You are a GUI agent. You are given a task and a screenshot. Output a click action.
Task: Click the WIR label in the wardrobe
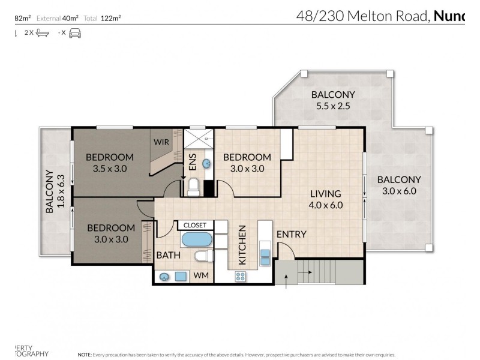[161, 142]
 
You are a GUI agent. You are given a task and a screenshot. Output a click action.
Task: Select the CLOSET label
[194, 225]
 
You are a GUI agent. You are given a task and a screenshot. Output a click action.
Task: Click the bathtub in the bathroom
[196, 239]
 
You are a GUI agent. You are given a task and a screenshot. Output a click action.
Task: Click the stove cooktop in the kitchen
[241, 276]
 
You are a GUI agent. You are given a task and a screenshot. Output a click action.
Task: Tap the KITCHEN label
[242, 245]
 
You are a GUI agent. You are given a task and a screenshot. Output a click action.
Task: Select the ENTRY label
[292, 234]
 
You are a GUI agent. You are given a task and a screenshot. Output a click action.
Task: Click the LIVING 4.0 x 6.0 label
[325, 199]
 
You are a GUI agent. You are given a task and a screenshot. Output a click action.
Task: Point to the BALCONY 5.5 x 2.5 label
[332, 100]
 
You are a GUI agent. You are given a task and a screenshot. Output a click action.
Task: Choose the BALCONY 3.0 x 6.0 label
[399, 185]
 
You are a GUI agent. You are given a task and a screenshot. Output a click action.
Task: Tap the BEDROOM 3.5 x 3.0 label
[109, 163]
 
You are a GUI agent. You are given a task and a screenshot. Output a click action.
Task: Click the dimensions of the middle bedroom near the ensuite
[247, 169]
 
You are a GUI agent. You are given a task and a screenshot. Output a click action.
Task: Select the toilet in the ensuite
[193, 189]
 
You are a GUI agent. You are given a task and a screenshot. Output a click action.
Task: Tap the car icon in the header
[75, 34]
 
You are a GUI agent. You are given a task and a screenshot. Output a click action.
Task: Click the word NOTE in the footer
[85, 354]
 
